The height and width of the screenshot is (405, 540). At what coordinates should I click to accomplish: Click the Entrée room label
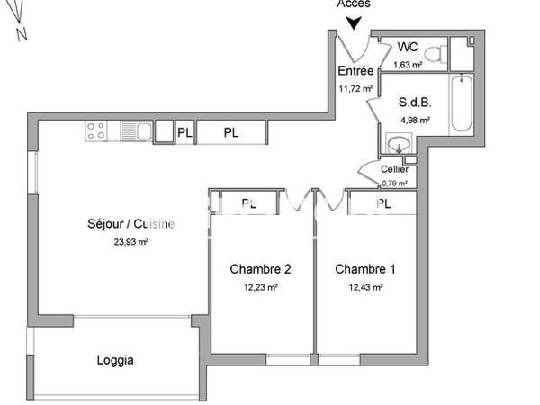click(x=355, y=71)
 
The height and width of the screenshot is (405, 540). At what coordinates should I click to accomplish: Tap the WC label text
click(x=407, y=47)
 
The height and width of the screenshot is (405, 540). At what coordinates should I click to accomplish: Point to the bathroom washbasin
click(x=398, y=144)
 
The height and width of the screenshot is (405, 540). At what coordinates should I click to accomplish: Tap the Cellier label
click(x=394, y=169)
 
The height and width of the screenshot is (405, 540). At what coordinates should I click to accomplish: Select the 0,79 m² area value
click(x=394, y=183)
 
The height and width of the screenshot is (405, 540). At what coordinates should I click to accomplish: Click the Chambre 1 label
click(x=365, y=268)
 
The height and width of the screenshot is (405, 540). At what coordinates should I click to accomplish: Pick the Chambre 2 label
click(x=260, y=268)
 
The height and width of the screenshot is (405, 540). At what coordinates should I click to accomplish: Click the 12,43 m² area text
click(x=365, y=287)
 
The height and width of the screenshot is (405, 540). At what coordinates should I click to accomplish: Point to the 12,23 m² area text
click(x=260, y=287)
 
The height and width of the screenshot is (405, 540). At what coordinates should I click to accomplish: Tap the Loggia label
click(x=115, y=361)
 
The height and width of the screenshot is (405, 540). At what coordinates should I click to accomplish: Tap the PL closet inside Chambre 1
click(x=382, y=204)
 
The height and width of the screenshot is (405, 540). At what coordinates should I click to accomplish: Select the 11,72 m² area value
click(x=355, y=88)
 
